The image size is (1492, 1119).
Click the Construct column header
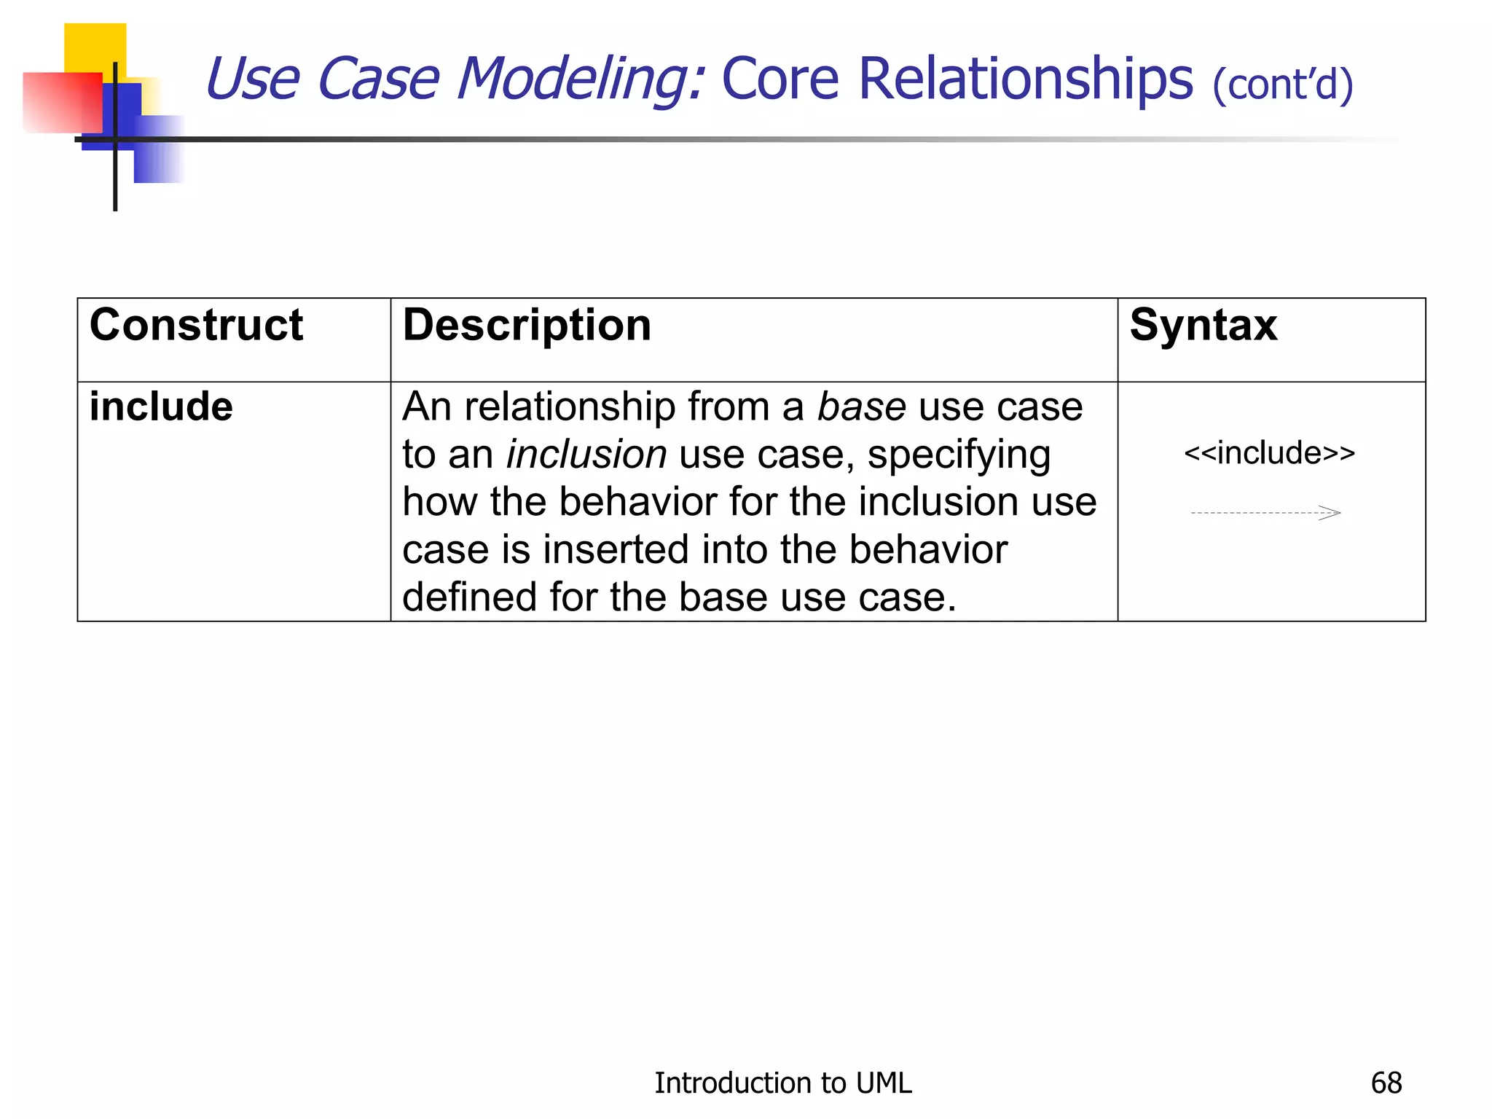196,325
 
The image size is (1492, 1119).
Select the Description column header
527,325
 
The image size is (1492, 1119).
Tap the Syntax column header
1203,325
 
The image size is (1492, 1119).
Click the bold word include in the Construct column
161,407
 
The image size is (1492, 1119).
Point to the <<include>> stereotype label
1269,453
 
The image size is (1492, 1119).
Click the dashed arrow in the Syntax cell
1265,513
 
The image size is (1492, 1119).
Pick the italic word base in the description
861,407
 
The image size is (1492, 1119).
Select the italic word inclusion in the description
586,455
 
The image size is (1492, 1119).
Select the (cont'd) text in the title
1283,85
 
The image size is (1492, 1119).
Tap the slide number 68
1386,1083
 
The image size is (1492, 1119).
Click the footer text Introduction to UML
782,1083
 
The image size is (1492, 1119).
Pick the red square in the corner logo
61,102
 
